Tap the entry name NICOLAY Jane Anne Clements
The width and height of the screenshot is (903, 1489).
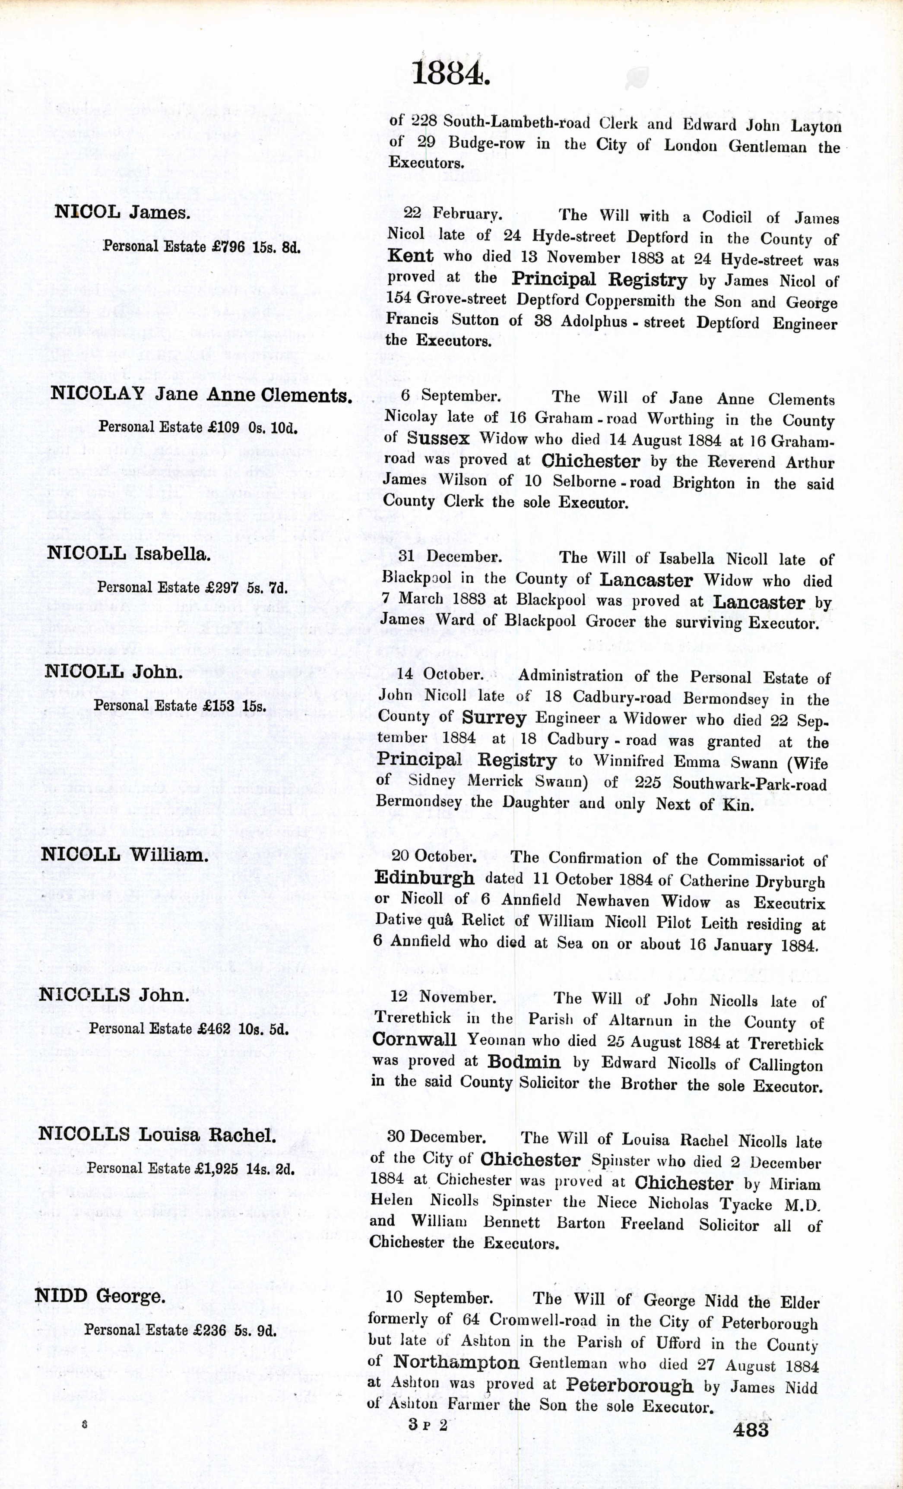[x=201, y=395]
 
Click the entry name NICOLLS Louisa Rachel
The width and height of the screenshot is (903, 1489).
[x=157, y=1134]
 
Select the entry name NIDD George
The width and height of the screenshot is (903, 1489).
[x=100, y=1296]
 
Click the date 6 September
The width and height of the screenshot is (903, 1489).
[x=450, y=396]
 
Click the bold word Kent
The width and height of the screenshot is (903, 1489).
[x=410, y=256]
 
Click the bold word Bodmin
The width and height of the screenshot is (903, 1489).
[x=523, y=1062]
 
